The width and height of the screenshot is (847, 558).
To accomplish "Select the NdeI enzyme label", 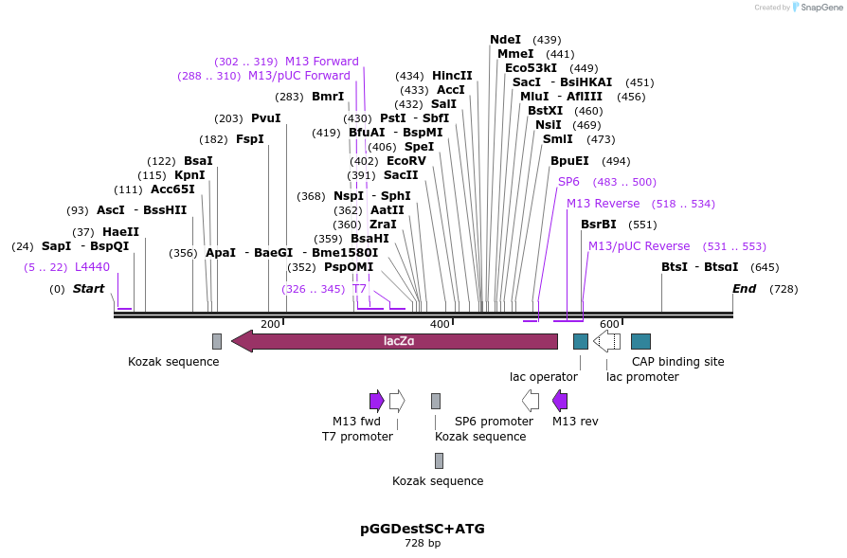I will point(505,40).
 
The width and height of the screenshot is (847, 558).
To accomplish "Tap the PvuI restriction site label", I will point(266,118).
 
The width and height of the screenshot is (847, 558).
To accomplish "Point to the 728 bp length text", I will point(423,544).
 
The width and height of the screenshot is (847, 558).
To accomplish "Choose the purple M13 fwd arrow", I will point(376,401).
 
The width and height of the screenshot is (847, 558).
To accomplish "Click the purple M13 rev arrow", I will point(560,401).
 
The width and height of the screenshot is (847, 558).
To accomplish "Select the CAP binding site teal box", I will point(640,341).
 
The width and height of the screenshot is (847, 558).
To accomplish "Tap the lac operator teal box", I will point(581,341).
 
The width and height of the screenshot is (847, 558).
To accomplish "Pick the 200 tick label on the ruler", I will point(270,325).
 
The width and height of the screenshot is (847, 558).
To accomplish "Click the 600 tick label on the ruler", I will point(609,325).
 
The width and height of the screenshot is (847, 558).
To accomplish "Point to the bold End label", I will point(745,289).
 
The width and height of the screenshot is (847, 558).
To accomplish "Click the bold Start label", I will point(89,289).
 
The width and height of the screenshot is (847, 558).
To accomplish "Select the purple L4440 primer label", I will point(92,267).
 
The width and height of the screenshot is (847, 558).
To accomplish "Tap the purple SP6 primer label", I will point(568,182).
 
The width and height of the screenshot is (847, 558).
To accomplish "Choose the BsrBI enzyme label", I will point(598,225).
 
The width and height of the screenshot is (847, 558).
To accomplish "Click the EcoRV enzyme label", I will point(406,161).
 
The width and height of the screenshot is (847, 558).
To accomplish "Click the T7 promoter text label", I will point(357,437).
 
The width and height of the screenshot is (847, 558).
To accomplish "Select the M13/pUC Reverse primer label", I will point(640,246).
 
